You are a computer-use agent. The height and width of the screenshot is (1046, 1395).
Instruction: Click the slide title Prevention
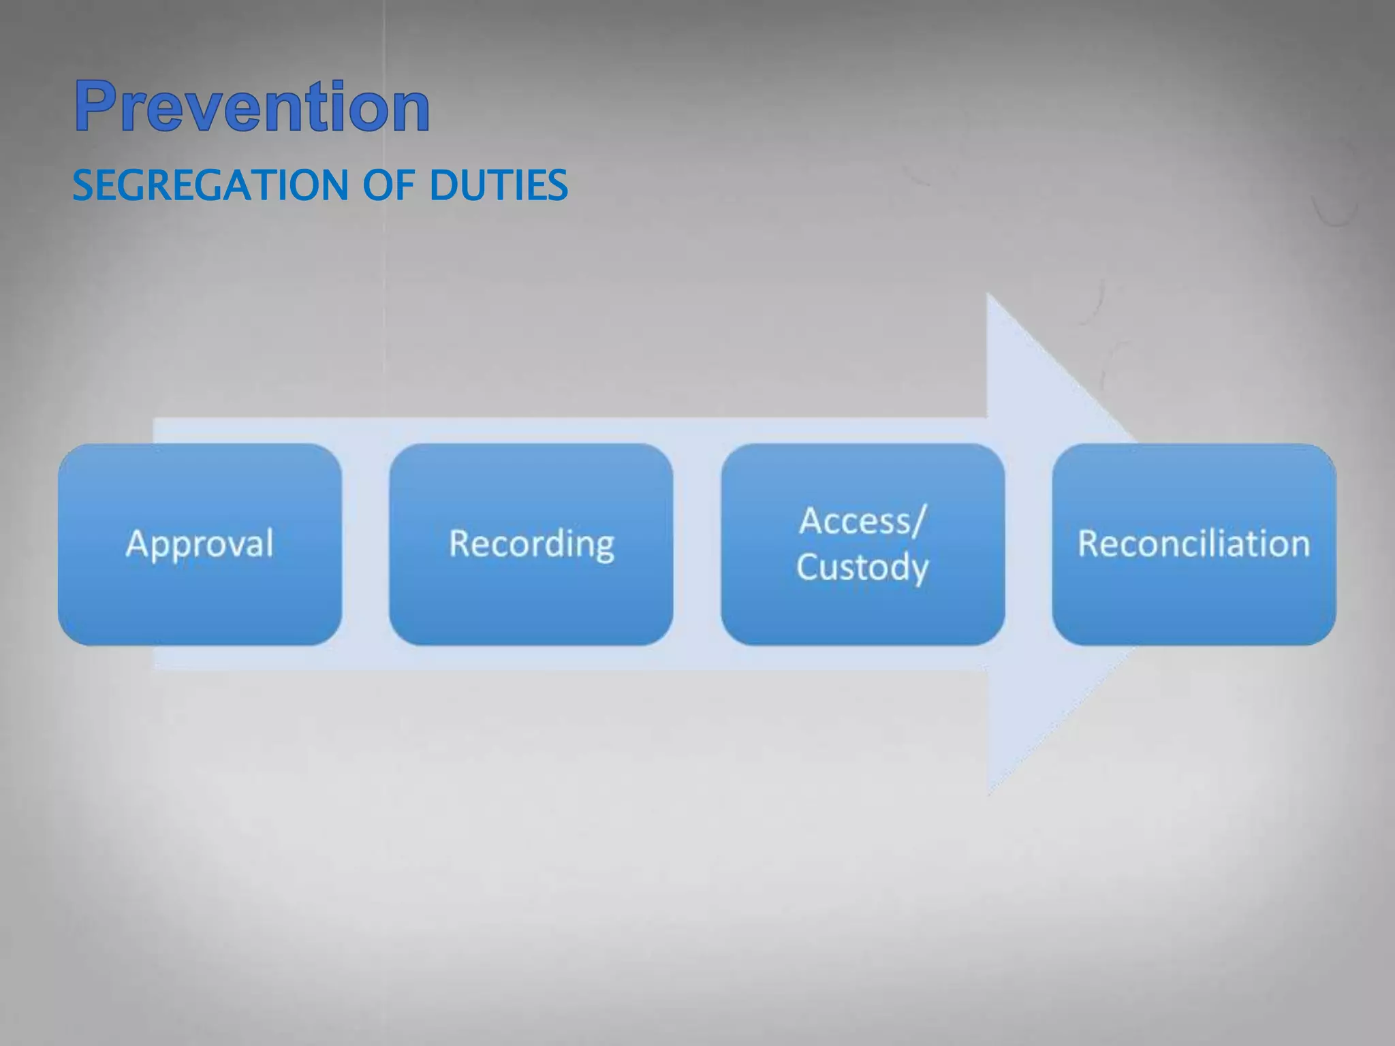tap(252, 106)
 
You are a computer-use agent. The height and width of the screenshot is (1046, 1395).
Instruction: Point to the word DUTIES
tap(499, 185)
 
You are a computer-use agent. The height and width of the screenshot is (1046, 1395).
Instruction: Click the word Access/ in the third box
tap(862, 521)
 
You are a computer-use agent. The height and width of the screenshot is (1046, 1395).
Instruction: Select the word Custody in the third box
tap(862, 567)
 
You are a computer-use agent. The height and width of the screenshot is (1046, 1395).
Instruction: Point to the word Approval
tap(200, 544)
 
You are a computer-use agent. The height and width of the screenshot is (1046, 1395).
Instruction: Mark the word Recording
tap(531, 544)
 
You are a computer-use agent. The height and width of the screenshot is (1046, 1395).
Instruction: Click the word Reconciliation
tap(1194, 544)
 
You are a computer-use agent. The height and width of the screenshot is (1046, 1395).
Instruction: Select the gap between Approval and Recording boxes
tap(365, 544)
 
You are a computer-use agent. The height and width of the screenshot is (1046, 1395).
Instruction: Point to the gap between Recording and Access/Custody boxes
tap(697, 544)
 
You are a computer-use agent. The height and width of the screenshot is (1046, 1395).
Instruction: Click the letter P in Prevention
tap(95, 106)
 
